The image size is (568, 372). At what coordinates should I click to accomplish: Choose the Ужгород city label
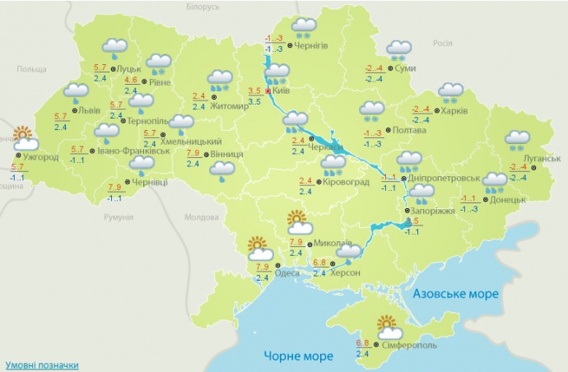pyautogui.click(x=40, y=156)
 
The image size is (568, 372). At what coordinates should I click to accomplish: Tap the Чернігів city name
pyautogui.click(x=310, y=46)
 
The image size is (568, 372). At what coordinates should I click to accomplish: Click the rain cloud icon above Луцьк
pyautogui.click(x=114, y=49)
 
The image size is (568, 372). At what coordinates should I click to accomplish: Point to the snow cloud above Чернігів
pyautogui.click(x=304, y=27)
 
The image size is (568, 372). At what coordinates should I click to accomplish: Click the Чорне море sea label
pyautogui.click(x=299, y=356)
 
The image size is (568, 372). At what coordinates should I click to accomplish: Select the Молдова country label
pyautogui.click(x=200, y=217)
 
